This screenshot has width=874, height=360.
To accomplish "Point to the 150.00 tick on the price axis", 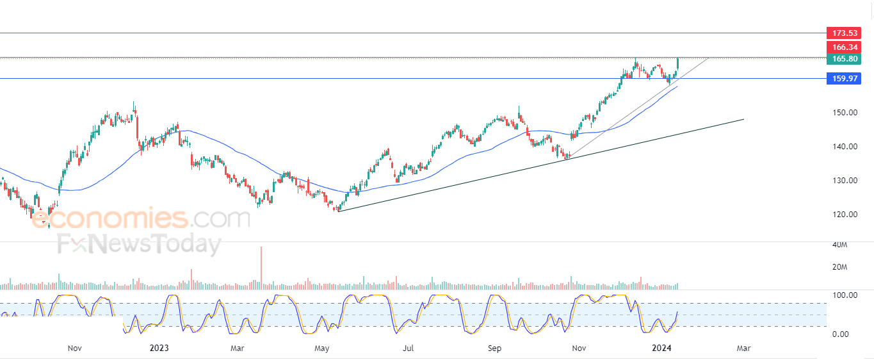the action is point(845,113).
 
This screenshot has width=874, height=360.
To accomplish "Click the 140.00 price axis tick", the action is point(845,147).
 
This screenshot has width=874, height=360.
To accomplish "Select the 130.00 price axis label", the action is point(845,181).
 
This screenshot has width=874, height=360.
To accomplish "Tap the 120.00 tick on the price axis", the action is point(845,215).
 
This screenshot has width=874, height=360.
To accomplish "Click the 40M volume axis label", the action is point(839,245).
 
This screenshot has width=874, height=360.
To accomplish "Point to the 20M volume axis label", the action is point(839,267).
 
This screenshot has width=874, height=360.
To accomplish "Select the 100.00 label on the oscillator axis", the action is point(845,295).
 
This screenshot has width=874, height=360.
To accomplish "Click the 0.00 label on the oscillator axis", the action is point(840,334).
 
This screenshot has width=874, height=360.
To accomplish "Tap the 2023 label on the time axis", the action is point(159,348).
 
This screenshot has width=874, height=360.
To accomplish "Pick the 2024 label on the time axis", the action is point(662,348).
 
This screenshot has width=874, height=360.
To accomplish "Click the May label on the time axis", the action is point(322,348).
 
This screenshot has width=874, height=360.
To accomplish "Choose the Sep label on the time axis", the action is point(494,348).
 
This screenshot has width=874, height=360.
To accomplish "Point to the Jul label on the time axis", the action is point(408,348).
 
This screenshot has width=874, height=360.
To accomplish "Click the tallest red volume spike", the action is point(261,268).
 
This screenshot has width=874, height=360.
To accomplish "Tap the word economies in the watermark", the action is point(109,218).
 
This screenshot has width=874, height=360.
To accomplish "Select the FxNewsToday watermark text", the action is point(140,245).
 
